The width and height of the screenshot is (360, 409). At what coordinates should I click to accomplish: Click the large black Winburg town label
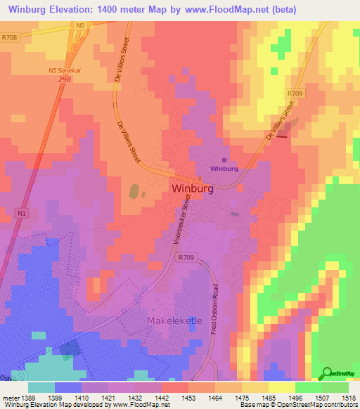(x=191, y=189)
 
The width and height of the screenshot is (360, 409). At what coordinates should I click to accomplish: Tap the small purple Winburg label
(x=224, y=169)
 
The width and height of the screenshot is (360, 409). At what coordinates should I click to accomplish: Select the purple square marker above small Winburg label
(x=224, y=160)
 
